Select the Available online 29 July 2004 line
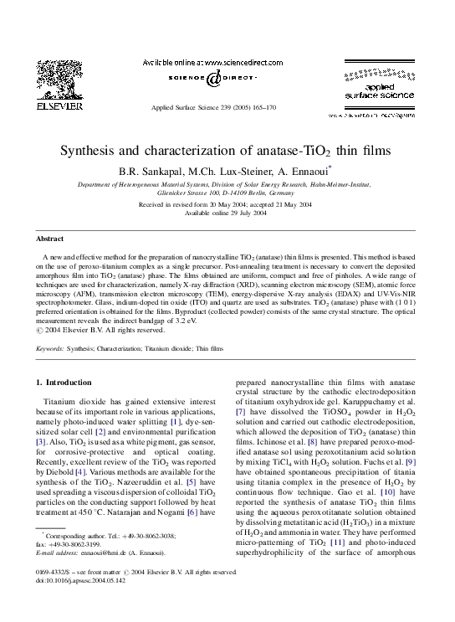pyautogui.click(x=227, y=213)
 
